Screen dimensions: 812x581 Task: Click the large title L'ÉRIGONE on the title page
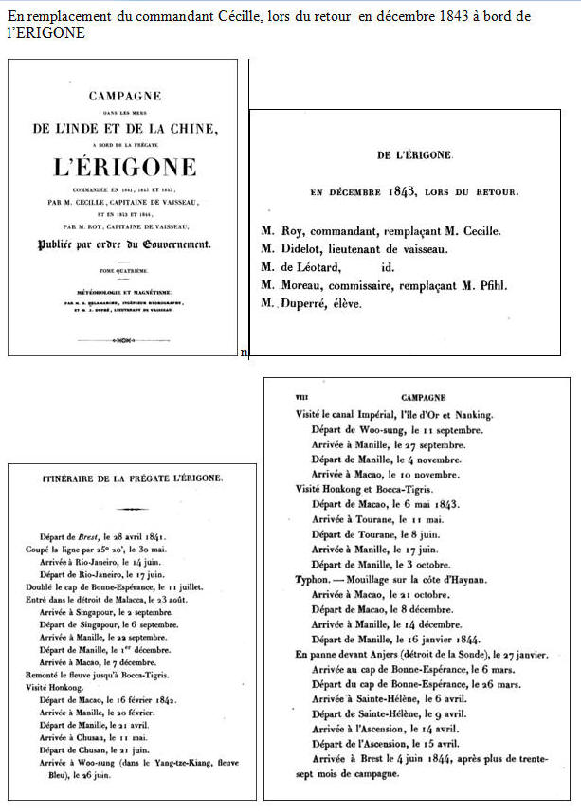click(123, 170)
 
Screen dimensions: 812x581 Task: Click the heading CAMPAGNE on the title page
click(123, 96)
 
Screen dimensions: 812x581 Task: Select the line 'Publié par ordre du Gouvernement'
click(123, 244)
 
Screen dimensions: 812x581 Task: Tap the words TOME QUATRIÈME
click(123, 271)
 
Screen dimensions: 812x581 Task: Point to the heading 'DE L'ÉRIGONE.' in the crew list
click(415, 154)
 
